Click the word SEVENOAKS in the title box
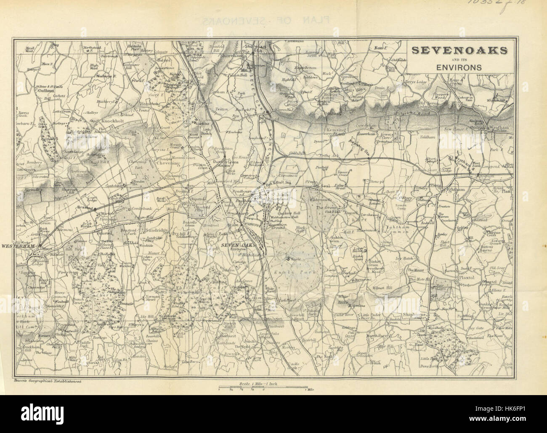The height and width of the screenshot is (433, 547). coord(459,50)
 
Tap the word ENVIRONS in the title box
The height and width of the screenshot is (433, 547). coord(459,66)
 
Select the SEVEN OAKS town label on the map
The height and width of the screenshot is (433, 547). coord(239,245)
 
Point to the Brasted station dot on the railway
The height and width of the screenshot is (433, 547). coord(95,208)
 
